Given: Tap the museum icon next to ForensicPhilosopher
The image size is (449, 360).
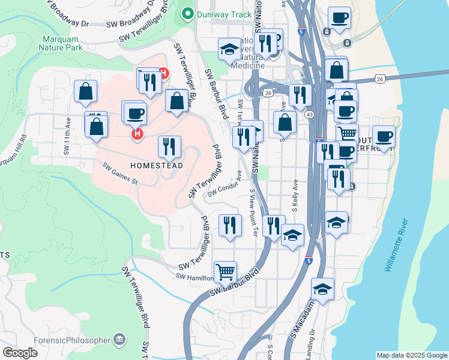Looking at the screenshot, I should point(120,340).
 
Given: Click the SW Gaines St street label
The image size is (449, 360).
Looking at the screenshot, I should point(120,173).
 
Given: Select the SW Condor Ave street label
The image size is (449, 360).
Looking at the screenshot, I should point(224,185).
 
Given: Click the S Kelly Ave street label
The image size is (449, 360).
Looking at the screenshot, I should point(295,195).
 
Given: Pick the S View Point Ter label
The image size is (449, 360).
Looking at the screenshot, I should point(253,212).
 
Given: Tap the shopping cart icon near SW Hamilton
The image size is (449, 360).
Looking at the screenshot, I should point(225,272).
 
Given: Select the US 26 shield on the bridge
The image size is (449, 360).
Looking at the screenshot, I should point(381,79).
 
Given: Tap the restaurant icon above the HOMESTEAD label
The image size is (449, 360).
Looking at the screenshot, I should point(170,146).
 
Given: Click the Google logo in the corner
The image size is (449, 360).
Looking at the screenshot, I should point(20,352).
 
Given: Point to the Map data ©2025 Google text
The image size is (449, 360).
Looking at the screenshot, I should point(411,355).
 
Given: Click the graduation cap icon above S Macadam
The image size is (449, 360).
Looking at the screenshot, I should point(322,290).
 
